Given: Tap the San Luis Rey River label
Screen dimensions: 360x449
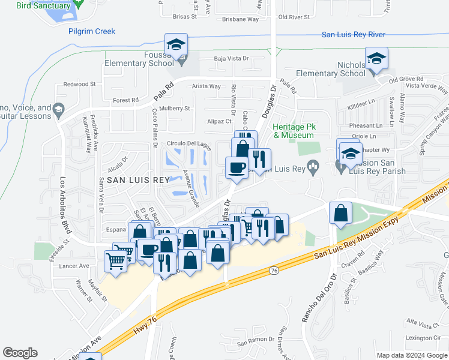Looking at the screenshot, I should click(x=353, y=35).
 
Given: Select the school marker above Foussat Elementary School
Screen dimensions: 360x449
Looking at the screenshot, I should click(x=176, y=45).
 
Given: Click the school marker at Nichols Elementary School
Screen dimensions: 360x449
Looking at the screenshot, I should click(x=377, y=59).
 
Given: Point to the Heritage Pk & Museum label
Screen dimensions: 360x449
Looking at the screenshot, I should click(x=294, y=131).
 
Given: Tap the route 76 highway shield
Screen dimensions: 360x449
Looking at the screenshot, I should click(x=274, y=271).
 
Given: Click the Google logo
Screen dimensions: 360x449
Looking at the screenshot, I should click(x=20, y=353).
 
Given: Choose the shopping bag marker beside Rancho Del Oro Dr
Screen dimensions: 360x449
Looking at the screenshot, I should click(x=340, y=213).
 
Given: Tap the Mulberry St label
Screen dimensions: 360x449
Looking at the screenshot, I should click(x=175, y=109).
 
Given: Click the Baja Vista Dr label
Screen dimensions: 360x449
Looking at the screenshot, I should click(x=232, y=59).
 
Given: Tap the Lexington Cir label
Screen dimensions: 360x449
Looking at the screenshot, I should click(x=423, y=338).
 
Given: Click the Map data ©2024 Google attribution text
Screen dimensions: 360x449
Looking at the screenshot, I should click(x=411, y=355).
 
